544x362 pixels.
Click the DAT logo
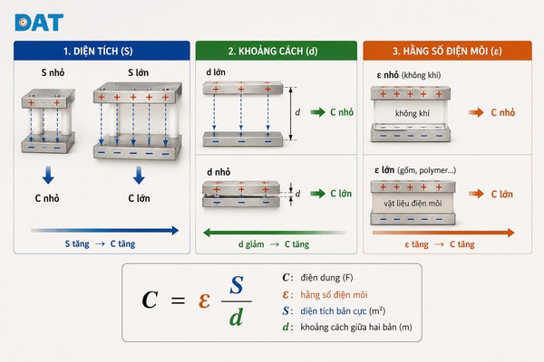click(x=39, y=23)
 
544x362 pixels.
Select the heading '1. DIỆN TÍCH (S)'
click(x=98, y=52)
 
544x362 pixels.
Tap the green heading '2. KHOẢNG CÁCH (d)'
click(x=273, y=52)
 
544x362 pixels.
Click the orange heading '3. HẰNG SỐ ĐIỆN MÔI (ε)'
click(x=447, y=52)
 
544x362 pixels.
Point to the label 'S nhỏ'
click(x=53, y=72)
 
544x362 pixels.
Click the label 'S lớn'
click(x=138, y=72)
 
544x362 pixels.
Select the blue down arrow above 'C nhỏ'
click(x=48, y=175)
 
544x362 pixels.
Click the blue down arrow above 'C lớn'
click(x=139, y=175)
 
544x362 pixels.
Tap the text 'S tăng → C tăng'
click(x=100, y=243)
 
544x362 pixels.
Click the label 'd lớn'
click(x=216, y=72)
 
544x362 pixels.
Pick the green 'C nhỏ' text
click(x=342, y=112)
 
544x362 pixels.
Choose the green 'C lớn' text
click(x=341, y=194)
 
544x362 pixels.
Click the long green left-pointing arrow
click(x=275, y=233)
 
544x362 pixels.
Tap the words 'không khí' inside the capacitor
click(x=413, y=113)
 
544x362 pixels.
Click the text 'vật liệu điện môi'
click(x=413, y=203)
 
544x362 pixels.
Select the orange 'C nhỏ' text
click(x=503, y=112)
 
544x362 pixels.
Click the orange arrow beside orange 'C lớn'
click(x=476, y=194)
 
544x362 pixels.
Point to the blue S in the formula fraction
click(x=237, y=285)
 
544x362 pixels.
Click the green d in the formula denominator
click(x=236, y=317)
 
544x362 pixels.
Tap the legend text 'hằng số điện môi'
click(x=334, y=295)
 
